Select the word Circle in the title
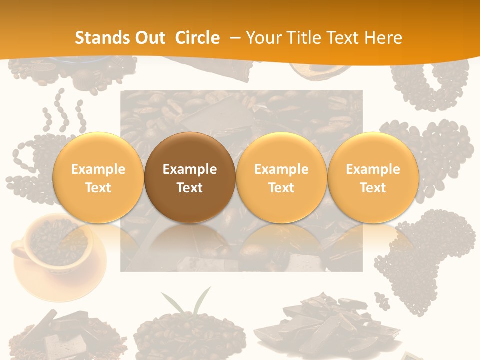(x=197, y=38)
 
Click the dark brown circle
(x=190, y=178)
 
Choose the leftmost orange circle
(x=98, y=178)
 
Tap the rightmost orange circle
(x=373, y=178)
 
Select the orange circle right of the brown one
(x=281, y=178)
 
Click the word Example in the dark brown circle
(x=190, y=169)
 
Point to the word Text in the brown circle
(x=190, y=188)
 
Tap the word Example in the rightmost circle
(x=373, y=169)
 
